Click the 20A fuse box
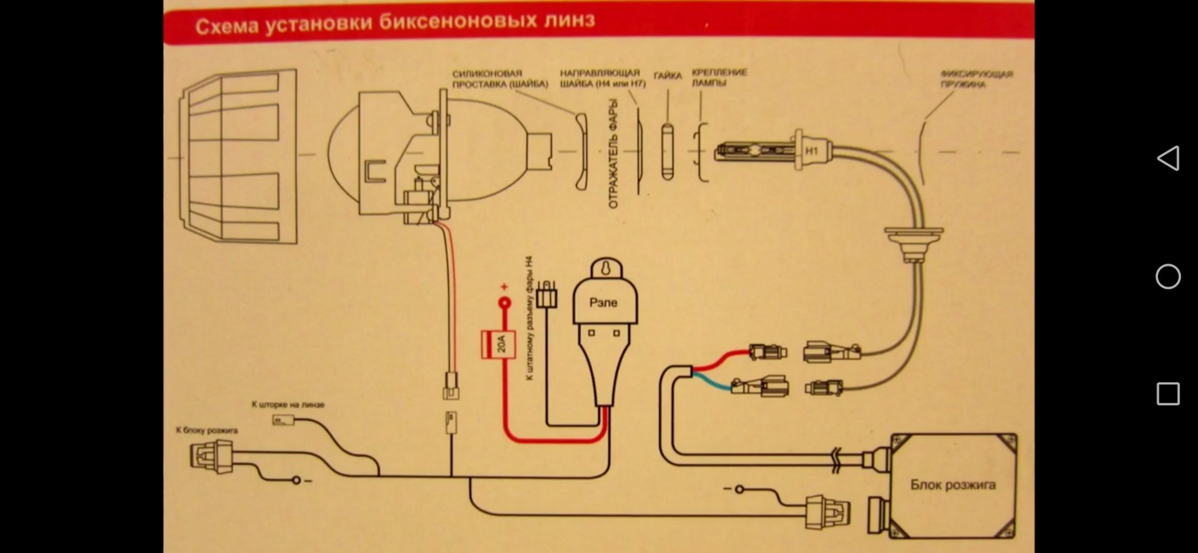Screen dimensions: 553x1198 point(498,344)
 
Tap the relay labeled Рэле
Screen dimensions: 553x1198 point(603,303)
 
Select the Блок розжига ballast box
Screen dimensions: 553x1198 point(953,485)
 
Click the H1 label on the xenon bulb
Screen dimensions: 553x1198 point(811,151)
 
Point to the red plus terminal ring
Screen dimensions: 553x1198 point(504,304)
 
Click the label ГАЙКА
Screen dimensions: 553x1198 point(668,76)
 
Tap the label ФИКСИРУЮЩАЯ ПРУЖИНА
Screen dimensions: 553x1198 point(976,79)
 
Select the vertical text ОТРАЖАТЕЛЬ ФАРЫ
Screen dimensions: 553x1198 point(613,154)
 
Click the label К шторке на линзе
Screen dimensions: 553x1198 point(288,404)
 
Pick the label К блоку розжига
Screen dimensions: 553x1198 point(207,430)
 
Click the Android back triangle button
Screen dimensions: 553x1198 point(1168,159)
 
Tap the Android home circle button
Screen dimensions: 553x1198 point(1168,276)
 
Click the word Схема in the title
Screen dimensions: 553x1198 point(226,26)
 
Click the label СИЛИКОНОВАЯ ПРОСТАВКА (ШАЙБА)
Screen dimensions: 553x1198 point(500,79)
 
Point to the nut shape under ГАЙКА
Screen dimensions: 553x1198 point(668,152)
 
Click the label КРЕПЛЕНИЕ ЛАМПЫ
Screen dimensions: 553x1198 point(719,77)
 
